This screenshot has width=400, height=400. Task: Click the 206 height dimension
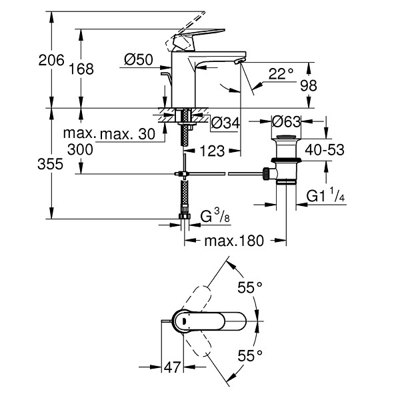51,61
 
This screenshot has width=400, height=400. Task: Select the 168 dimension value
81,69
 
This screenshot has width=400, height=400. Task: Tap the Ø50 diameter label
139,60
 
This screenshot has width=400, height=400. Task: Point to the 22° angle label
281,74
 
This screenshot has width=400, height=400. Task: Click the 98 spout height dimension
309,86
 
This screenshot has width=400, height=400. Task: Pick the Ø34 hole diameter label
225,123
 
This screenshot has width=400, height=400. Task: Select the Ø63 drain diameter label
287,121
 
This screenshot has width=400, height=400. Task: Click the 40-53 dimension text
325,150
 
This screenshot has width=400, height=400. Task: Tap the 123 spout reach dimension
212,151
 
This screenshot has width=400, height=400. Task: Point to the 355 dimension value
50,164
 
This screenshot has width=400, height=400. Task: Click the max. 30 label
127,134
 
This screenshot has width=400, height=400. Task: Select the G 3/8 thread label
215,215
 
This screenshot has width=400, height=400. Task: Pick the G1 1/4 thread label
325,195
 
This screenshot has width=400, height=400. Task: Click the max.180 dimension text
234,241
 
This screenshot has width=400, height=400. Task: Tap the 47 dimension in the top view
172,367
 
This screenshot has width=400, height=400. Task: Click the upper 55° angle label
250,288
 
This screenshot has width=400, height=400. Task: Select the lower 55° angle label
250,355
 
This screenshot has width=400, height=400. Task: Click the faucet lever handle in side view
198,37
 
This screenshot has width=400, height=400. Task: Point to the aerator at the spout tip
240,61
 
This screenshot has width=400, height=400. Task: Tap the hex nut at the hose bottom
185,216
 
